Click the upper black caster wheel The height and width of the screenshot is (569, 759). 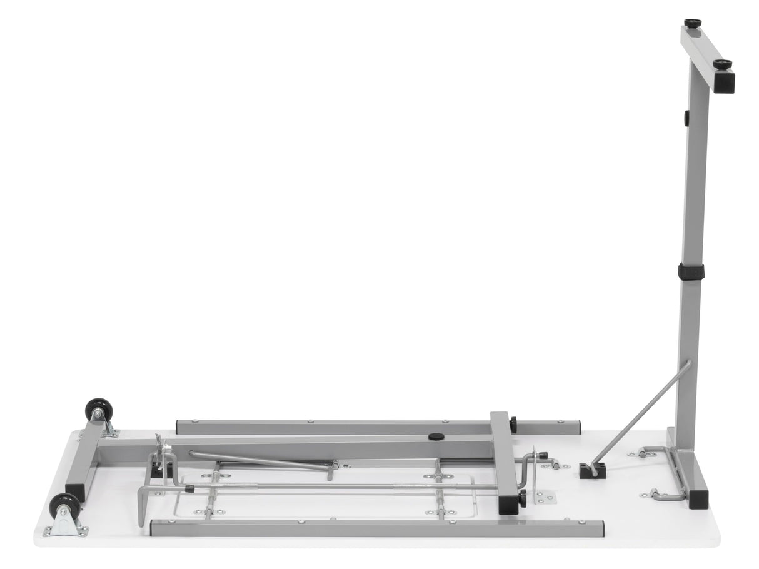[x=95, y=408]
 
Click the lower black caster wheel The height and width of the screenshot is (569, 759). [x=64, y=505]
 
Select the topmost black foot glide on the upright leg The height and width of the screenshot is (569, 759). [x=692, y=23]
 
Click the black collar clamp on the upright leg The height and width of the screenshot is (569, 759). [x=691, y=271]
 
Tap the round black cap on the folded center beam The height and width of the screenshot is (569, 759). [x=436, y=436]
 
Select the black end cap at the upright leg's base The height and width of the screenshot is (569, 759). [x=698, y=500]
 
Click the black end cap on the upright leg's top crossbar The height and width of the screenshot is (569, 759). [x=725, y=83]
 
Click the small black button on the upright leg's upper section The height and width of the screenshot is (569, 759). [x=686, y=117]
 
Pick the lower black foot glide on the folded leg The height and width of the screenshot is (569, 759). [x=522, y=498]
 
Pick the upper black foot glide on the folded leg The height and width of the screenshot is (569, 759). [x=513, y=425]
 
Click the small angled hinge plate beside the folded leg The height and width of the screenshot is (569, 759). [x=545, y=498]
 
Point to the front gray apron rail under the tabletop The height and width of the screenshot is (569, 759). [x=375, y=528]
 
